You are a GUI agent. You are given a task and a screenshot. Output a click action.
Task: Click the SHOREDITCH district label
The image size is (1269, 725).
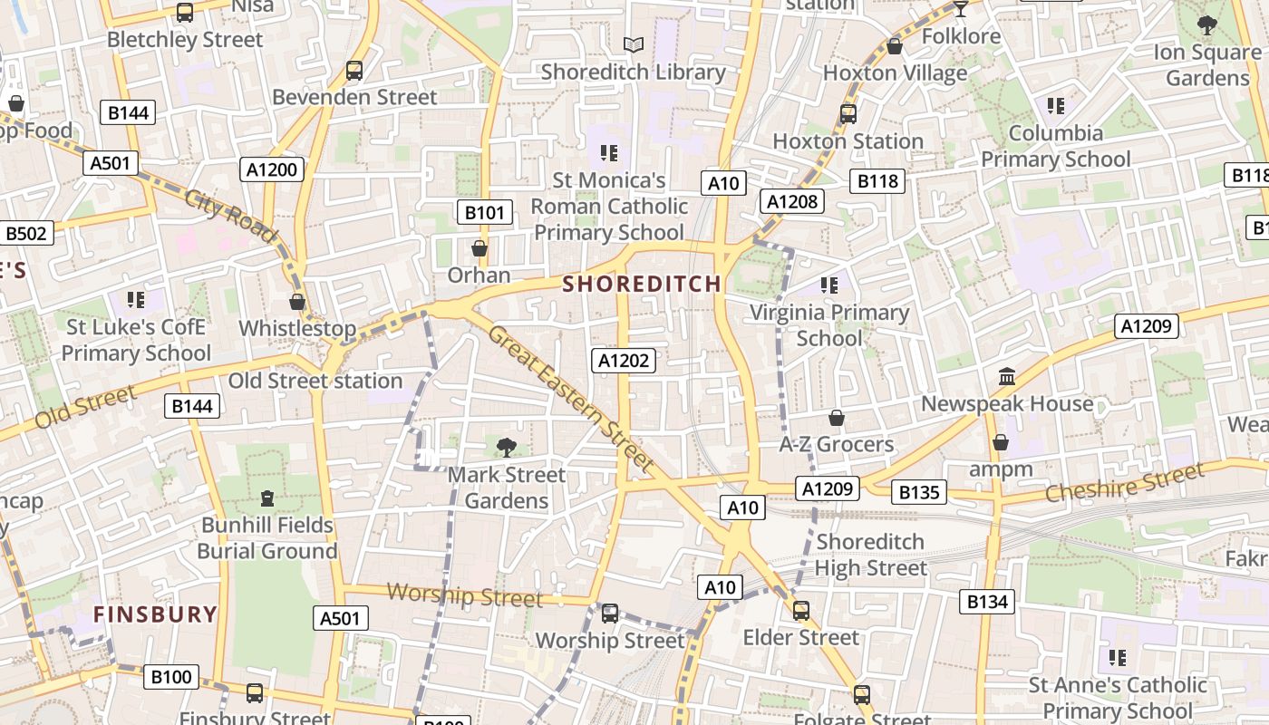[642, 284]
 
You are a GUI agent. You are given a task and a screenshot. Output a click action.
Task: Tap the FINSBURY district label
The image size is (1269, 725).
[155, 614]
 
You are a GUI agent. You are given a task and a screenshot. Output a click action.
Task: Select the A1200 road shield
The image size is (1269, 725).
[273, 169]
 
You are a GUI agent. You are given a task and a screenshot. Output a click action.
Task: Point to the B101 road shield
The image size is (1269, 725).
[484, 213]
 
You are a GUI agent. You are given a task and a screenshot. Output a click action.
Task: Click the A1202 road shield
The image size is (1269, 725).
[625, 361]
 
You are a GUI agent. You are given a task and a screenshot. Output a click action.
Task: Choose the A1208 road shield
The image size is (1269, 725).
[792, 201]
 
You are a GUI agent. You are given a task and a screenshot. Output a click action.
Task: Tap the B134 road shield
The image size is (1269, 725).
[987, 601]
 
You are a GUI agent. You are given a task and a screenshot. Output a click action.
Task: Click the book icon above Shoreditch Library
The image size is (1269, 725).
[634, 44]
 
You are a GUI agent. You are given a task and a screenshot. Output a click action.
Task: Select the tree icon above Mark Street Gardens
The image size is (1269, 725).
[507, 446]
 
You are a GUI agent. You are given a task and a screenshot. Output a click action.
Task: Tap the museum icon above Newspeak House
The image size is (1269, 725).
[1006, 376]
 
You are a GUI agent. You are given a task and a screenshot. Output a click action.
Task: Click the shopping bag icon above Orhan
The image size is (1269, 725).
[480, 247]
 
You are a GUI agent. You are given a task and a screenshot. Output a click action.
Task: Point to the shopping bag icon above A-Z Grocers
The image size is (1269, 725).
[837, 418]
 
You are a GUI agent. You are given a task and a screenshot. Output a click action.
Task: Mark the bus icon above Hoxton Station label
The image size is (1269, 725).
[848, 114]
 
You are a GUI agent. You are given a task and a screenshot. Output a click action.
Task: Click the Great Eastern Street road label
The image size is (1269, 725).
[571, 398]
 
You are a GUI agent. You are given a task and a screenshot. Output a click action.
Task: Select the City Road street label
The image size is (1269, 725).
[230, 216]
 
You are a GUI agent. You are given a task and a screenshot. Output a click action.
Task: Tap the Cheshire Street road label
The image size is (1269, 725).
[1124, 482]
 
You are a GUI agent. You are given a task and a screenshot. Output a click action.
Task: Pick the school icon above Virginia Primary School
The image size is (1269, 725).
[828, 285]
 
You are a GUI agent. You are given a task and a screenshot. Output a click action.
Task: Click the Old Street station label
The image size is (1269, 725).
[315, 381]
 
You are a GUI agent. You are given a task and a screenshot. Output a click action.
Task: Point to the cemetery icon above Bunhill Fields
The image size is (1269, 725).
[267, 498]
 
